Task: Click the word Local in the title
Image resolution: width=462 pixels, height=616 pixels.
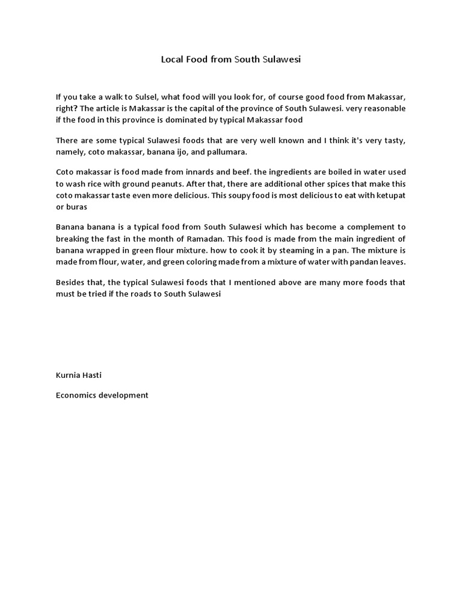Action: (x=171, y=60)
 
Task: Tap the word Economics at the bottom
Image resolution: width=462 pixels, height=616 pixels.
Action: (x=76, y=395)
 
